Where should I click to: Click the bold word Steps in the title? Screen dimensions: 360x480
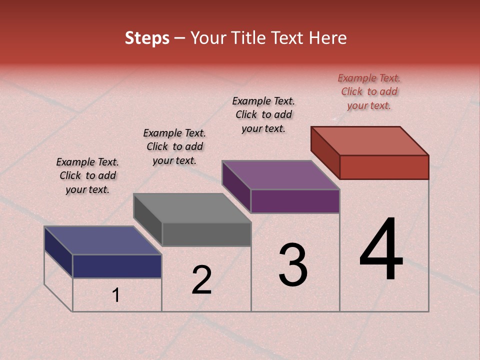point(147,38)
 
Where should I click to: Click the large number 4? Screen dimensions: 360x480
point(381,250)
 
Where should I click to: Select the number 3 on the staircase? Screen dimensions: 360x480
point(292,265)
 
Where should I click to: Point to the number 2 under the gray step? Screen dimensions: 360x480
point(201,280)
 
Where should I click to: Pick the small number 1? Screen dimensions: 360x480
point(115,295)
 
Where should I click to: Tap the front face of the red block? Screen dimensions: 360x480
point(384,167)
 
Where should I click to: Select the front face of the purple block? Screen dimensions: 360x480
point(295,201)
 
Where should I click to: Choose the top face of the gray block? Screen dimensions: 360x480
point(192,207)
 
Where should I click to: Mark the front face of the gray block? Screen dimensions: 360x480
point(206,234)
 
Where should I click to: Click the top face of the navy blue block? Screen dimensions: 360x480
point(103,240)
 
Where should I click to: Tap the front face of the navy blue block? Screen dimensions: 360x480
point(117,266)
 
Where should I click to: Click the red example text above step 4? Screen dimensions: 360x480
point(369,91)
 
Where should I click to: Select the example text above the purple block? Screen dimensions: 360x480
point(263,114)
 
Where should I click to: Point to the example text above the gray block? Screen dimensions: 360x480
point(174,146)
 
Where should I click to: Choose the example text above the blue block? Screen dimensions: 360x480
point(87,175)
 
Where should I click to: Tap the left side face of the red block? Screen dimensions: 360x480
point(325,152)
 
